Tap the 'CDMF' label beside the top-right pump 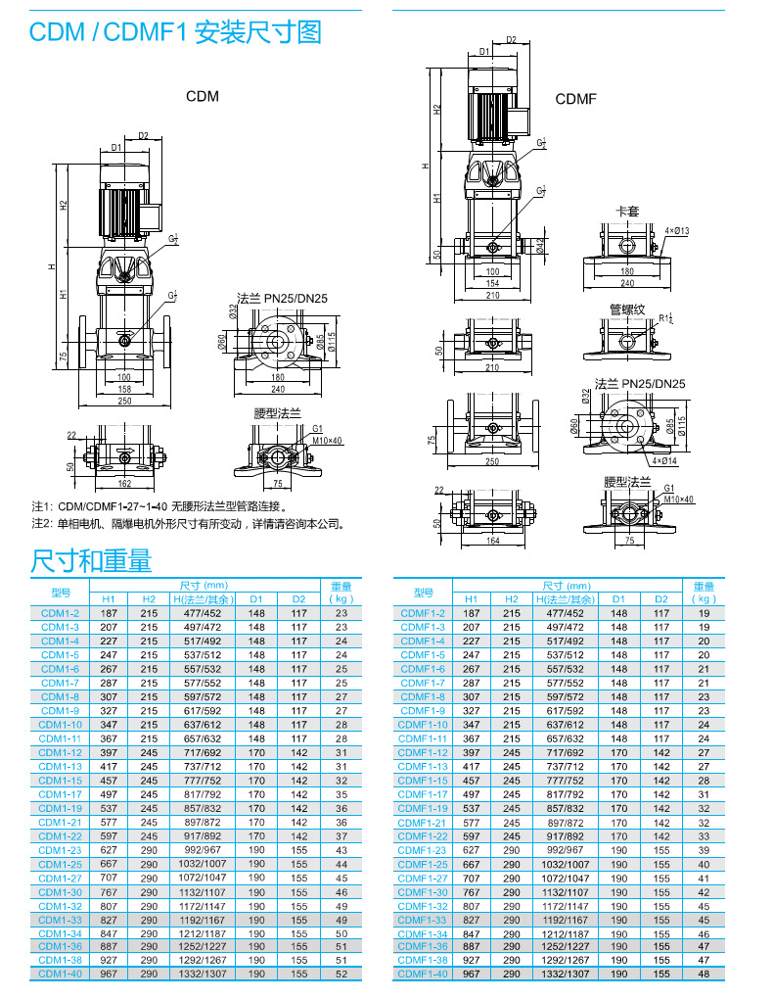point(575,99)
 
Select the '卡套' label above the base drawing point(626,211)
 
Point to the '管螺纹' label point(627,309)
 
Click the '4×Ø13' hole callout point(677,231)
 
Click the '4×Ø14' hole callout point(664,459)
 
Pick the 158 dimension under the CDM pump point(124,389)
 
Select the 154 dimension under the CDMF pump point(492,283)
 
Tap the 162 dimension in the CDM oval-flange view point(123,484)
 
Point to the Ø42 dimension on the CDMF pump point(541,246)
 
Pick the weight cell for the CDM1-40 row point(341,974)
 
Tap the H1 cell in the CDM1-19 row point(109,808)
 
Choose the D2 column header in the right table point(660,598)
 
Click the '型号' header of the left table point(61,592)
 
